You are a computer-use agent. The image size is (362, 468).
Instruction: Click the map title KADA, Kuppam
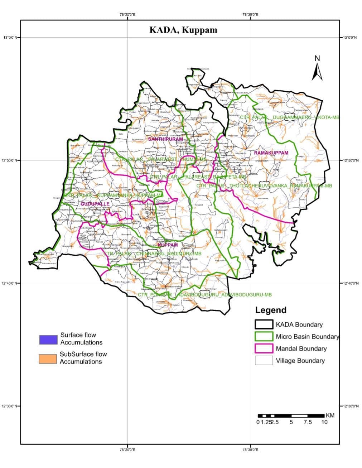[x=183, y=30]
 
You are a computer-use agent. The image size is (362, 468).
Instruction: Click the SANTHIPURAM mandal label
[x=165, y=139]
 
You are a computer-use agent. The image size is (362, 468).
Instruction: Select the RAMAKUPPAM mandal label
[x=271, y=153]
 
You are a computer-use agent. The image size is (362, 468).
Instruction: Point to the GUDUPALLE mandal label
[x=95, y=204]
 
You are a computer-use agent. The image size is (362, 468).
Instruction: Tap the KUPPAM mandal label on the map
[x=168, y=245]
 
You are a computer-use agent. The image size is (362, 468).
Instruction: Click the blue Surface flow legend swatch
[x=48, y=339]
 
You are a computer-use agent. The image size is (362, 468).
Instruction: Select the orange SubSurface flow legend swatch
[x=48, y=359]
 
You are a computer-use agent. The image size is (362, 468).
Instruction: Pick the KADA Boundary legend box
[x=264, y=324]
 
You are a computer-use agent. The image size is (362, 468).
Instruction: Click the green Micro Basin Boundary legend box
[x=264, y=337]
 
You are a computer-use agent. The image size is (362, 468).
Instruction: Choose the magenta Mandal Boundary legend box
[x=264, y=348]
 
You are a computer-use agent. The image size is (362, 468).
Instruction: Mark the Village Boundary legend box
[x=264, y=360]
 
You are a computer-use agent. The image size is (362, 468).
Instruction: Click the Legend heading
[x=271, y=310]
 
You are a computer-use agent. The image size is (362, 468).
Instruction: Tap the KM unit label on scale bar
[x=330, y=415]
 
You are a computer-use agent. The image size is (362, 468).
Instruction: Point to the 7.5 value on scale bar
[x=307, y=422]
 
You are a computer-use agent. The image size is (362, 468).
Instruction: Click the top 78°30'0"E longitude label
[x=250, y=15]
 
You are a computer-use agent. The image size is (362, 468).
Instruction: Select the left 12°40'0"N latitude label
[x=11, y=283]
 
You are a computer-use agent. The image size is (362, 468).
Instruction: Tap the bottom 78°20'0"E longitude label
[x=128, y=449]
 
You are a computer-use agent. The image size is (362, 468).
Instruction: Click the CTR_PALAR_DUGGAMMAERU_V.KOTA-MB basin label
[x=289, y=117]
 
